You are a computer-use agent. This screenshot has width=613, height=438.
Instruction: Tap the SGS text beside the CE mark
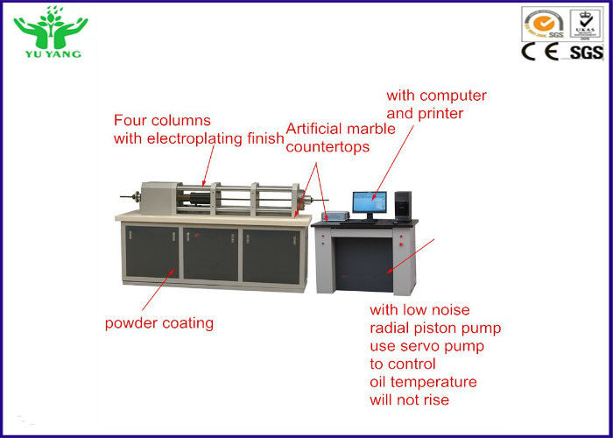click(x=586, y=53)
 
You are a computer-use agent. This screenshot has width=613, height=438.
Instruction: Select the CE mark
click(x=540, y=52)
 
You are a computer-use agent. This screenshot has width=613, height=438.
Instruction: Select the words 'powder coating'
click(x=159, y=323)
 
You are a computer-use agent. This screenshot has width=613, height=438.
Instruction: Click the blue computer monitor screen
click(x=370, y=202)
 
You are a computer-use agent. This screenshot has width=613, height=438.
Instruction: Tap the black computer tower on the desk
click(x=403, y=206)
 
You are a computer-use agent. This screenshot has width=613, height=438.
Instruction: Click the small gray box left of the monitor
click(x=335, y=215)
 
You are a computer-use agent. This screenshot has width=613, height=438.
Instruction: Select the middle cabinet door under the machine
click(x=211, y=254)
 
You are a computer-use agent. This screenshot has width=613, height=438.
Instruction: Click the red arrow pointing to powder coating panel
click(x=159, y=290)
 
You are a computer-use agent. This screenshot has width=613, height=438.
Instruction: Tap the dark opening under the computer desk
click(x=364, y=265)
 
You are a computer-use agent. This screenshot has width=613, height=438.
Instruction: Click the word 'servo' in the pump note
click(x=422, y=347)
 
